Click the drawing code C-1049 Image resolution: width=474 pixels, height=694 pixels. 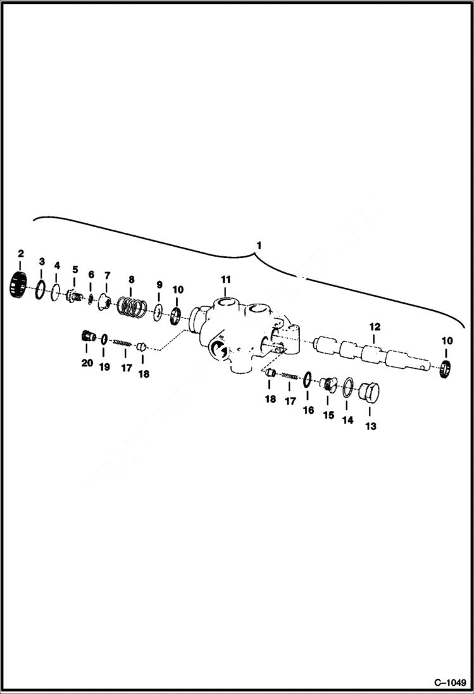pos(450,683)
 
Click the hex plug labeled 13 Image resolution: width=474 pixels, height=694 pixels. pos(368,394)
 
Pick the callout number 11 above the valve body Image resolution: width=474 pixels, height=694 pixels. pos(226,279)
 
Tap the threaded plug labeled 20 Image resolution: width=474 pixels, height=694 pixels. pos(88,337)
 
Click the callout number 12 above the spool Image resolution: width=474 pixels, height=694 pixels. pos(375,326)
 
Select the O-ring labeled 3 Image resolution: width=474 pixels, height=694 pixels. pos(41,289)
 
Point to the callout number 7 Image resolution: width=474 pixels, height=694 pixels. pos(107,275)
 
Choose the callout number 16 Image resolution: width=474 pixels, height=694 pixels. pos(308,410)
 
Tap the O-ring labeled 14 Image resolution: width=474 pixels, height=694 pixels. pos(348,388)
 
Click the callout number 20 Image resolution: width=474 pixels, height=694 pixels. pos(87,362)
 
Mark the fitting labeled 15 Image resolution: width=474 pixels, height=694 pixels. pos(328,385)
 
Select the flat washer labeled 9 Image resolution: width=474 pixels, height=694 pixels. pos(158,311)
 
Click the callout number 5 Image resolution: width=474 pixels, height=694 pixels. pos(75,270)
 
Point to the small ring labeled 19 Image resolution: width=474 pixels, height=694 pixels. pos(104,339)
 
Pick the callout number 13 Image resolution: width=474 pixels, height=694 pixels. pos(370,426)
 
